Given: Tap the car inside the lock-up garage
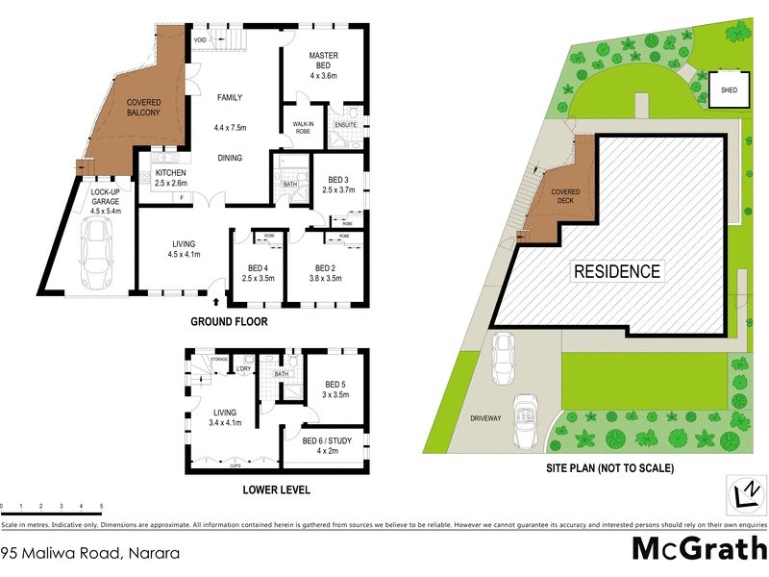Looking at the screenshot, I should coord(96,254).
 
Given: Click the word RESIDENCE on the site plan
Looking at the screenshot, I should coord(617,271).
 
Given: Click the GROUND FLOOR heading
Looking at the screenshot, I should coord(229,322).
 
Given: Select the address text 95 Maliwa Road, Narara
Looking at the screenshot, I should coord(62,553).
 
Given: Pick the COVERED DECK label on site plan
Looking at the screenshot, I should coord(565,196).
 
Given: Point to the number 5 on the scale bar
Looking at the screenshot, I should coord(101,505).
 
